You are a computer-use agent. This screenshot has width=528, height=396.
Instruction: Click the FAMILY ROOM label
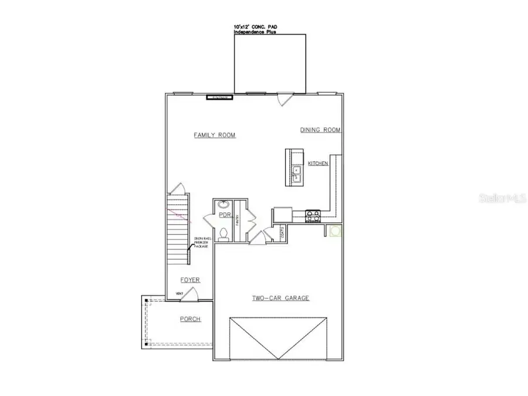click(215, 136)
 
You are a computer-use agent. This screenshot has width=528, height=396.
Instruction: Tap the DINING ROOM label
click(320, 130)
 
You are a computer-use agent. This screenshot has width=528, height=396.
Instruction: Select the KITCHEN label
click(318, 164)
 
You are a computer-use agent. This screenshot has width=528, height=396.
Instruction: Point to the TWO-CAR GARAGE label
click(280, 298)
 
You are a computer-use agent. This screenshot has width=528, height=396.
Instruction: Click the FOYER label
click(190, 280)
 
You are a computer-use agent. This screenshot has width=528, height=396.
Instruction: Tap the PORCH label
click(190, 319)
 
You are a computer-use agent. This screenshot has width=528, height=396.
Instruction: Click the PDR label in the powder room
click(224, 215)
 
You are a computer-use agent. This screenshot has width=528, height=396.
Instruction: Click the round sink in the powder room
click(223, 204)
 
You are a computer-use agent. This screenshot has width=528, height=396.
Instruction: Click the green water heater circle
click(335, 232)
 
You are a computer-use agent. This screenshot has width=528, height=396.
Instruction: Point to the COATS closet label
click(282, 233)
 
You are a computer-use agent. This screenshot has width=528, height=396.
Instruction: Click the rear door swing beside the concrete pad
click(284, 99)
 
